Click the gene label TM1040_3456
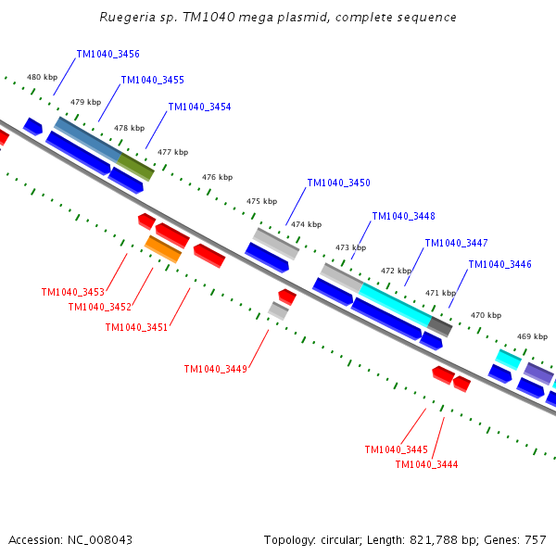click(107, 55)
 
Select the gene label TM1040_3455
click(152, 81)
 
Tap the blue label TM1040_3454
click(199, 107)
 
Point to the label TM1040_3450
click(338, 183)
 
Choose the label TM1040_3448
click(403, 217)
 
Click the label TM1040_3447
click(456, 244)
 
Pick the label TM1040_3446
click(499, 265)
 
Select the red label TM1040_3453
click(72, 293)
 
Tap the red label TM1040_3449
click(215, 370)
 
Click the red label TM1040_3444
click(426, 465)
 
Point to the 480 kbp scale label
click(42, 78)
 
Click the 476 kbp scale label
click(217, 177)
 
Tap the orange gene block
click(163, 248)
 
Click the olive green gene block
click(135, 167)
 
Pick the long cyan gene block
click(395, 305)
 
